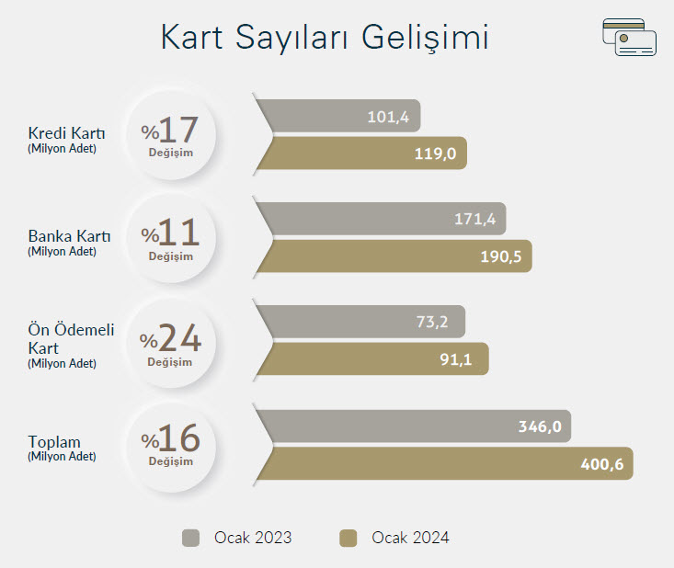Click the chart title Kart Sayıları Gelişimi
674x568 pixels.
325,38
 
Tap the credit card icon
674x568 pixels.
629,37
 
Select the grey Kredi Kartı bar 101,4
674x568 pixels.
338,116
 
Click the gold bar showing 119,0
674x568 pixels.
362,153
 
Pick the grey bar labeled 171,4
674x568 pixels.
382,219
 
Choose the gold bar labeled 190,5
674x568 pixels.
394,256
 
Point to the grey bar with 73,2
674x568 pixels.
361,322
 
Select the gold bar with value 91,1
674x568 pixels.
372,358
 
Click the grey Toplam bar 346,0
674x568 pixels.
414,426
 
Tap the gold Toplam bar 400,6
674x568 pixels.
445,463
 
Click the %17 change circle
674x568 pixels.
172,134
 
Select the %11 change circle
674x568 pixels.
172,238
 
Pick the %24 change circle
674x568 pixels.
172,344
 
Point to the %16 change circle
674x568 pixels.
172,447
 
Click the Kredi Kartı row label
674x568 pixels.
66,140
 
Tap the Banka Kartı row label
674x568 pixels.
69,243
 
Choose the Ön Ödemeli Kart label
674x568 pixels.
71,346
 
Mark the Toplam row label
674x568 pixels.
62,449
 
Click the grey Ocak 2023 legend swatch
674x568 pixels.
191,538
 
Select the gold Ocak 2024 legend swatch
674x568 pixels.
348,538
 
